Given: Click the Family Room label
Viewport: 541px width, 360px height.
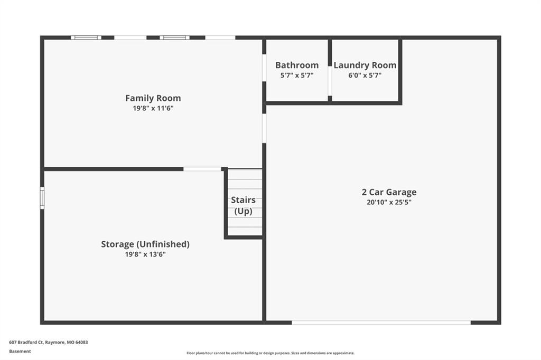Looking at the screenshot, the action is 153,98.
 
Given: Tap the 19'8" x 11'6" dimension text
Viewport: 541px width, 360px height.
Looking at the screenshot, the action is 153,108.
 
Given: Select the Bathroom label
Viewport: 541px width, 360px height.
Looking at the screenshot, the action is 297,65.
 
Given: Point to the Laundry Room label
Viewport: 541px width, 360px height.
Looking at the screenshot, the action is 365,65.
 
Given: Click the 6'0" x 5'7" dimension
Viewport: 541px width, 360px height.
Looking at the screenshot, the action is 365,75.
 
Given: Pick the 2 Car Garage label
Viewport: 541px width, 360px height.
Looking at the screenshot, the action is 389,192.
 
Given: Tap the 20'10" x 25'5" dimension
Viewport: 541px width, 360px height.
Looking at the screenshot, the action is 389,202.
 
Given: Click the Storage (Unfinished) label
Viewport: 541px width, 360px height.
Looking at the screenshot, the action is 145,244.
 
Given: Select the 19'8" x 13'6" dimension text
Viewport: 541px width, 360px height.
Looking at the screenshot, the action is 145,254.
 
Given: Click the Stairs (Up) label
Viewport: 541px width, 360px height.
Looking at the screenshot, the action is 243,205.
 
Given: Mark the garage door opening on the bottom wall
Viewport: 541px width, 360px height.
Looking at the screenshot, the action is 381,323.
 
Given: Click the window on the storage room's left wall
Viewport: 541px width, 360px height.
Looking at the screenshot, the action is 42,198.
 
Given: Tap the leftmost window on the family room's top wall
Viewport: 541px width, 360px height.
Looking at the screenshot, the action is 86,37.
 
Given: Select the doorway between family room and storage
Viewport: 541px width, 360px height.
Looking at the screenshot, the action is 202,169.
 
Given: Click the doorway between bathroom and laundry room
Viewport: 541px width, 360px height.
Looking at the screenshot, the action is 330,81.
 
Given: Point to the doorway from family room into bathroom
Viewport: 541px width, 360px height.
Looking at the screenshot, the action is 264,68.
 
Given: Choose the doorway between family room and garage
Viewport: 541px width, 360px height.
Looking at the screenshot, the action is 264,128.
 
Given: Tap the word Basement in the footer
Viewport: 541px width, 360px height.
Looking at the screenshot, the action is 20,352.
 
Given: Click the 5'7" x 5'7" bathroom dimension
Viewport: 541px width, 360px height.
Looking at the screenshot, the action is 297,75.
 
